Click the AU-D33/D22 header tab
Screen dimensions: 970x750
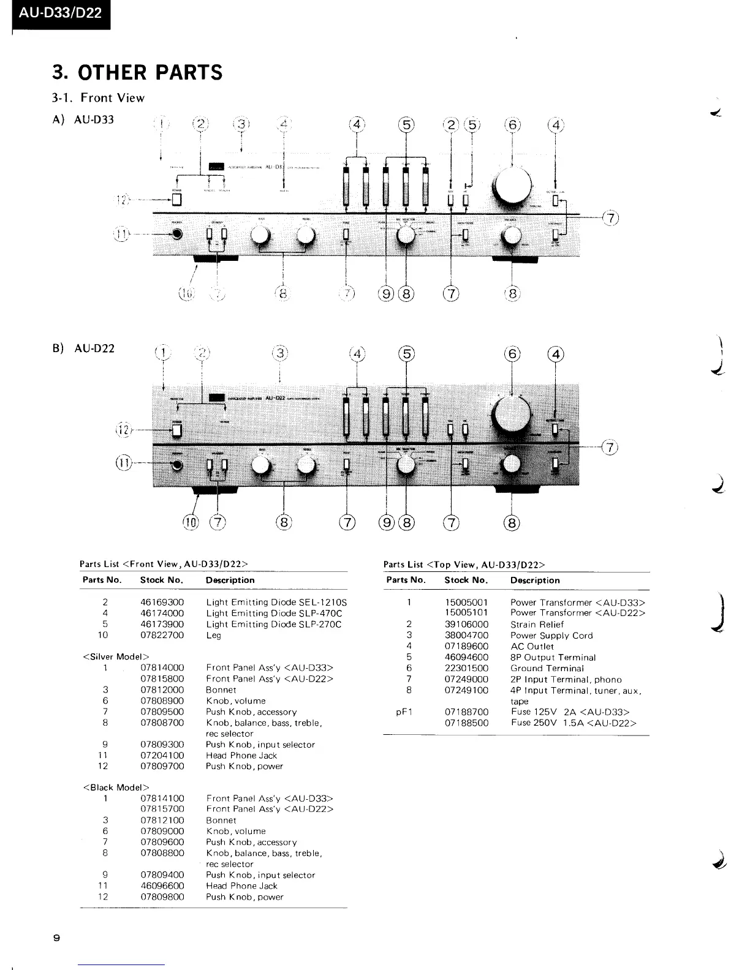60,13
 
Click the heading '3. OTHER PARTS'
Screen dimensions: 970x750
137,72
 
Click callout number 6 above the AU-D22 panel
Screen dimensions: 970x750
512,354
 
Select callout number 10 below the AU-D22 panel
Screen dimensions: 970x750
191,522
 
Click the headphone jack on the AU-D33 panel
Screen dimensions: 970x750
178,234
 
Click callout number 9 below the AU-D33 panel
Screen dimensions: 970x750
387,295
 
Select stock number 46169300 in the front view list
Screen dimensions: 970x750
162,603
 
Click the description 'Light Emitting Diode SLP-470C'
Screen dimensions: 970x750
274,613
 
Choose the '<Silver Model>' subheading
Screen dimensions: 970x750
115,657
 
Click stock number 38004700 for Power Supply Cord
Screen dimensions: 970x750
466,636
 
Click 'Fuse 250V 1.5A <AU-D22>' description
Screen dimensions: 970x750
574,723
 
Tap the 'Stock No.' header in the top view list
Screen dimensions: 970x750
466,581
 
